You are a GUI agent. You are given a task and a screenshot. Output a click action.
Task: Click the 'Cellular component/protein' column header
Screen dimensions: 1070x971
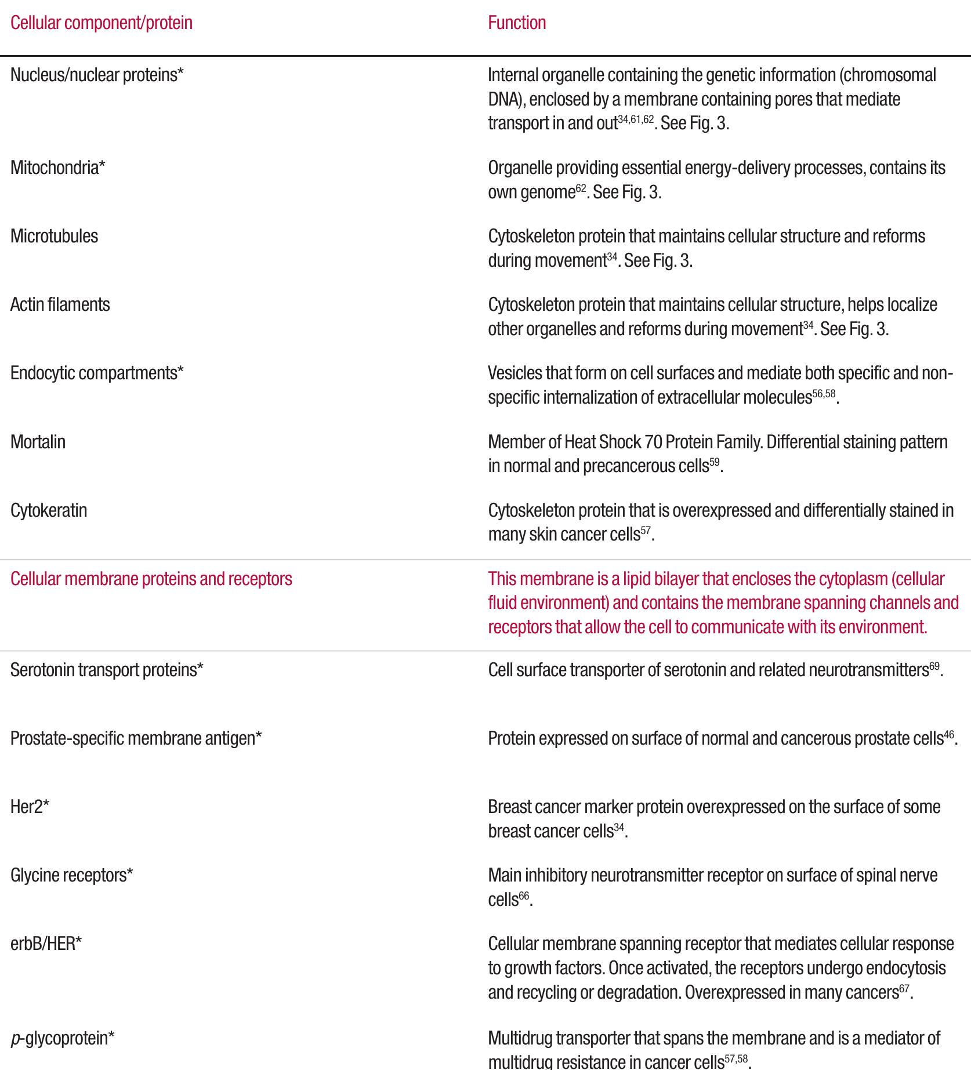pos(102,23)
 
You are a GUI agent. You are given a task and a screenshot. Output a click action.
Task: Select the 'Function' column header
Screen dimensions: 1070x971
pos(517,23)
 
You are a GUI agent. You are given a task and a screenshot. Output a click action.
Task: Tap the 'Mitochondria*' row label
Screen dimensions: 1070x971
pos(58,168)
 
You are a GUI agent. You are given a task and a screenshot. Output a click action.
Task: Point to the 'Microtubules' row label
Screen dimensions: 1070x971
pos(55,237)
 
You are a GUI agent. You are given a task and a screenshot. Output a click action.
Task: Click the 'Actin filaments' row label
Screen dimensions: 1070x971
pos(60,305)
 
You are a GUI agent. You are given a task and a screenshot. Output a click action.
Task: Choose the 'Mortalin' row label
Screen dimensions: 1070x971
pos(38,442)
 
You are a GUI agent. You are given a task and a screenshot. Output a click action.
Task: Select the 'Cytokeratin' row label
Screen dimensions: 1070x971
pos(49,511)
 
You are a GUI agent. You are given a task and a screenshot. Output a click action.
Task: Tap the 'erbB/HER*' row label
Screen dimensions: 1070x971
pos(46,944)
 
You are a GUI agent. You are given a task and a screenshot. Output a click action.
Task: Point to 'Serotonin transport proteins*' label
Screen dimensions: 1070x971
pos(107,670)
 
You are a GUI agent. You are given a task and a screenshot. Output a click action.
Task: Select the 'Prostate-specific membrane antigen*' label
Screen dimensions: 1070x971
pos(136,739)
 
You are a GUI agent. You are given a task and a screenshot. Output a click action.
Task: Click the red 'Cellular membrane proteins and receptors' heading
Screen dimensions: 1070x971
pos(151,579)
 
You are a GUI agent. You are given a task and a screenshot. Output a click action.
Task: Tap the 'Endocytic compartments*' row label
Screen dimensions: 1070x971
pos(97,373)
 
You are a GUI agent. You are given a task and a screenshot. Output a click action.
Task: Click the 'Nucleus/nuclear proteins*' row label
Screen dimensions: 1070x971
pos(97,75)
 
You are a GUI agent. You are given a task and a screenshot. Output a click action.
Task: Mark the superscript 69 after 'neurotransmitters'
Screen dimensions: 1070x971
pos(934,667)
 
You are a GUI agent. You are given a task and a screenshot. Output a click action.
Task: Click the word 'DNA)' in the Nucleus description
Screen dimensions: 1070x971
pos(505,100)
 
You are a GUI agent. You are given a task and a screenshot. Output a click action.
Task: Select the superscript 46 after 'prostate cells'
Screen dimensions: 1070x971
pos(949,735)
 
